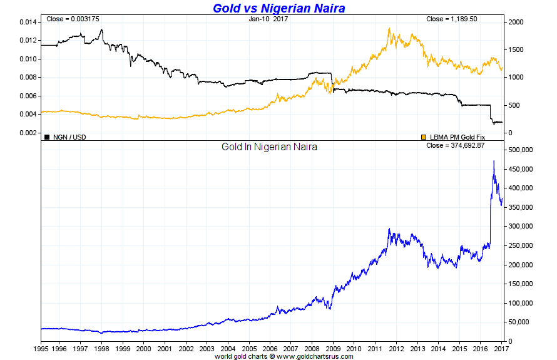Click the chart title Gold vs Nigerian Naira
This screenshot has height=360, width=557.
point(278,8)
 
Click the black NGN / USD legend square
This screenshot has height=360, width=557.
point(47,136)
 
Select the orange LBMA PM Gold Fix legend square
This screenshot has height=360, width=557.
point(424,136)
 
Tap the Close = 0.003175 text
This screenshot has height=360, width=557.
point(73,19)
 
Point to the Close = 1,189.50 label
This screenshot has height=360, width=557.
point(451,19)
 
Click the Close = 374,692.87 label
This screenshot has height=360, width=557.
point(456,145)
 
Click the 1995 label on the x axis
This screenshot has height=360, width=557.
point(41,348)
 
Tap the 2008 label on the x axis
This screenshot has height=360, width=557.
point(311,348)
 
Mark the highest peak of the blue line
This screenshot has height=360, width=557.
point(494,161)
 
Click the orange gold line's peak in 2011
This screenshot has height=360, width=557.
point(389,28)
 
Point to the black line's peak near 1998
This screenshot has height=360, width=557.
point(101,29)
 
